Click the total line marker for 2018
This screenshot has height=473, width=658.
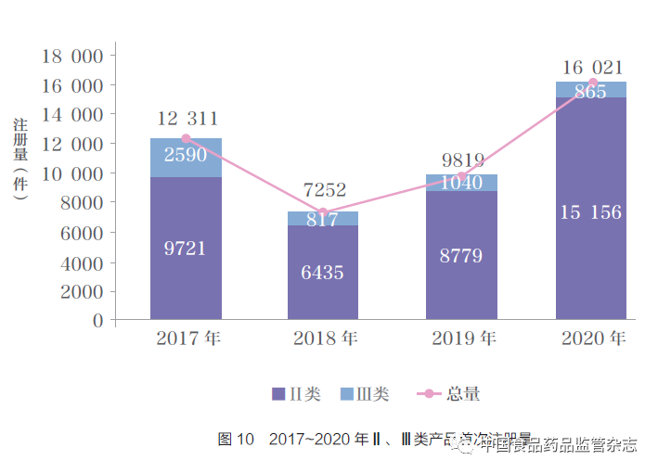click(x=322, y=212)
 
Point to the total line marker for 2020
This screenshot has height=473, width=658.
click(x=592, y=83)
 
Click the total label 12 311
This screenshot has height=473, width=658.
click(x=187, y=119)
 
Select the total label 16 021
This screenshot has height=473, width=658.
click(x=592, y=68)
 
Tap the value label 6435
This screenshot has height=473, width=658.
click(x=322, y=273)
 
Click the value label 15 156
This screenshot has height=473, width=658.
click(x=590, y=212)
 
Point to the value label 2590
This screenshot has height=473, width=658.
click(x=186, y=155)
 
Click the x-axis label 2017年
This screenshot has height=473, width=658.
click(x=188, y=339)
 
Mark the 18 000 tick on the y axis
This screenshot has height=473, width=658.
click(x=72, y=56)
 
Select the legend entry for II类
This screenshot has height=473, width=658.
click(x=296, y=394)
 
